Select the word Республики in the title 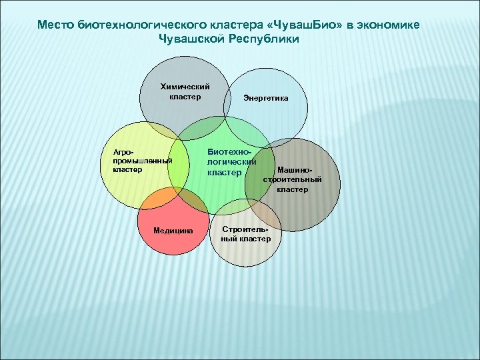265,39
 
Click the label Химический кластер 186,91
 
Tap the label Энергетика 266,98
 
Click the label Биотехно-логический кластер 231,162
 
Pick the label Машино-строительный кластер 293,179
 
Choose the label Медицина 173,231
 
